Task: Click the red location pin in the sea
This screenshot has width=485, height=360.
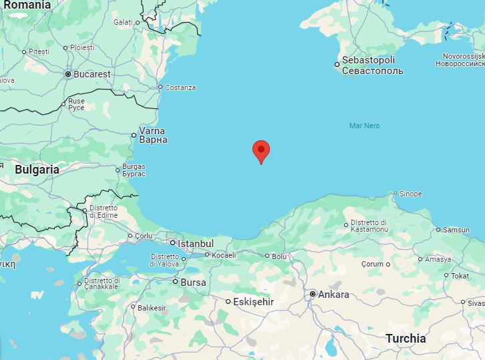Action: [x=261, y=151]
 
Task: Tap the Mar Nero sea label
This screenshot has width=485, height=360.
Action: [x=364, y=126]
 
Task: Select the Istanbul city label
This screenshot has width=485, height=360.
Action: [x=196, y=244]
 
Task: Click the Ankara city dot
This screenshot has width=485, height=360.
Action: [x=313, y=294]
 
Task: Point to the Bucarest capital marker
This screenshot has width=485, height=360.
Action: [x=68, y=74]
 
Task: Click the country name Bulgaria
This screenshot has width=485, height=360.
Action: [x=37, y=170]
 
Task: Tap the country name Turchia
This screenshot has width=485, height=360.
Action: [x=406, y=339]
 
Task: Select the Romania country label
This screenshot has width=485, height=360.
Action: [x=25, y=5]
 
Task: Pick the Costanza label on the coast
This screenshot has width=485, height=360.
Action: [x=180, y=87]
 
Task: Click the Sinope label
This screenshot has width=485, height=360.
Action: [x=410, y=194]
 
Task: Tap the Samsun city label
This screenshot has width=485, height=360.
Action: [x=456, y=230]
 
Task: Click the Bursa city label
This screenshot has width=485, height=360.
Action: [x=194, y=283]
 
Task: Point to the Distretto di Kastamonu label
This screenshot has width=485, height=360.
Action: [x=369, y=226]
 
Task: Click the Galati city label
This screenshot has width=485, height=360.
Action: [x=123, y=22]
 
